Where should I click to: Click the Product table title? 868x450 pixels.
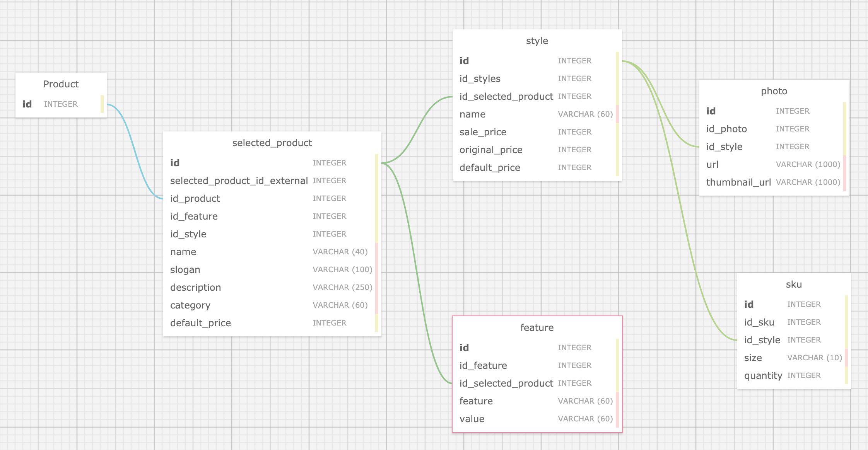[61, 84]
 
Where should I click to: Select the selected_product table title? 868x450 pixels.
[272, 143]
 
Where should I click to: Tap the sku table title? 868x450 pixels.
[794, 285]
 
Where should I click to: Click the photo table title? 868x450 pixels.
[774, 91]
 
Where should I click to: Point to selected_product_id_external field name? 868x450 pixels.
[239, 181]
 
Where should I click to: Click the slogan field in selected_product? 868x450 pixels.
[185, 270]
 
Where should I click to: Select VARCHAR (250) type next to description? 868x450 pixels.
[342, 288]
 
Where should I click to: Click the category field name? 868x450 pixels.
[190, 305]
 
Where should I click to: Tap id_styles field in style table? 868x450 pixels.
[480, 79]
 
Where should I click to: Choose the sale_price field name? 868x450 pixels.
[483, 132]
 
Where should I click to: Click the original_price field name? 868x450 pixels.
[491, 150]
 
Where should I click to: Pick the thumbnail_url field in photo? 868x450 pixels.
[738, 182]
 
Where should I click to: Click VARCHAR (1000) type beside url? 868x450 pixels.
[808, 165]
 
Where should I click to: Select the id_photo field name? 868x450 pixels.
[726, 129]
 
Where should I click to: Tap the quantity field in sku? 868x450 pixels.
[763, 376]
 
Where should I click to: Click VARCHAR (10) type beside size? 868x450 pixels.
[814, 358]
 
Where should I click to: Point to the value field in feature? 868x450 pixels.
[472, 419]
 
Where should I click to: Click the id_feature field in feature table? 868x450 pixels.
[483, 366]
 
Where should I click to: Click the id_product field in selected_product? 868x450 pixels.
[195, 199]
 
